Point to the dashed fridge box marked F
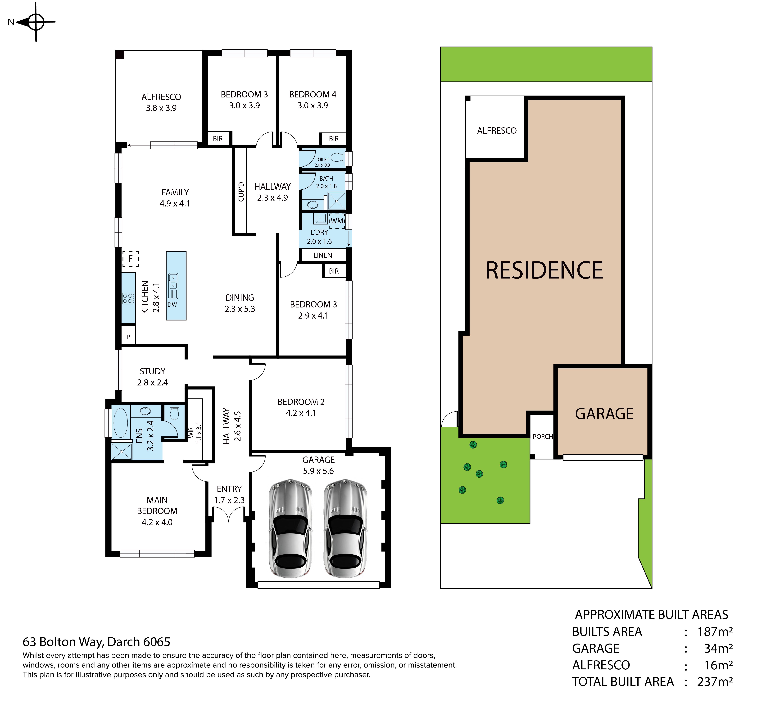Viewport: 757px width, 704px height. [x=130, y=259]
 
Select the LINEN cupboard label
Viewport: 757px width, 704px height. [x=322, y=255]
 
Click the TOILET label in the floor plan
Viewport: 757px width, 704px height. [x=322, y=160]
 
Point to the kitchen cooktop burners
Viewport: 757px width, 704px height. [x=128, y=298]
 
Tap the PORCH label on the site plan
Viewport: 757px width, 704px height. [x=543, y=437]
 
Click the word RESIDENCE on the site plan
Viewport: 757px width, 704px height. [x=544, y=270]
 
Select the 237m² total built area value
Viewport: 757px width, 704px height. [x=715, y=682]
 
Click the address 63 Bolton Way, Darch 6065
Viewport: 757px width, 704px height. [x=96, y=642]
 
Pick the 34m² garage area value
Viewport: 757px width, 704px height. [x=718, y=648]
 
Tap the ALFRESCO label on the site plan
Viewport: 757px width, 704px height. [x=497, y=131]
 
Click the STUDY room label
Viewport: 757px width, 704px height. [x=152, y=371]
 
